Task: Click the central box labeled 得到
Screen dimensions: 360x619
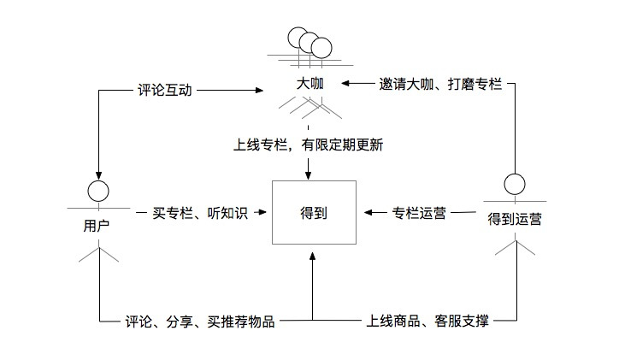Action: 312,213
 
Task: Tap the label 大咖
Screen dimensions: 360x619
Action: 309,85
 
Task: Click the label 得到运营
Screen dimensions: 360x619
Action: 515,219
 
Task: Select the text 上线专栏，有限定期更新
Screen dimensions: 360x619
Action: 309,145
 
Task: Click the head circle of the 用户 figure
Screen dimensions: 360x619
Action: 99,190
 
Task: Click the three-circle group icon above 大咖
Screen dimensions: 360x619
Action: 309,42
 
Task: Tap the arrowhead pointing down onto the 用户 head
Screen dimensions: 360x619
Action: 99,175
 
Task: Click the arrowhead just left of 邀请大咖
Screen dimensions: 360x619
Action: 345,85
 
